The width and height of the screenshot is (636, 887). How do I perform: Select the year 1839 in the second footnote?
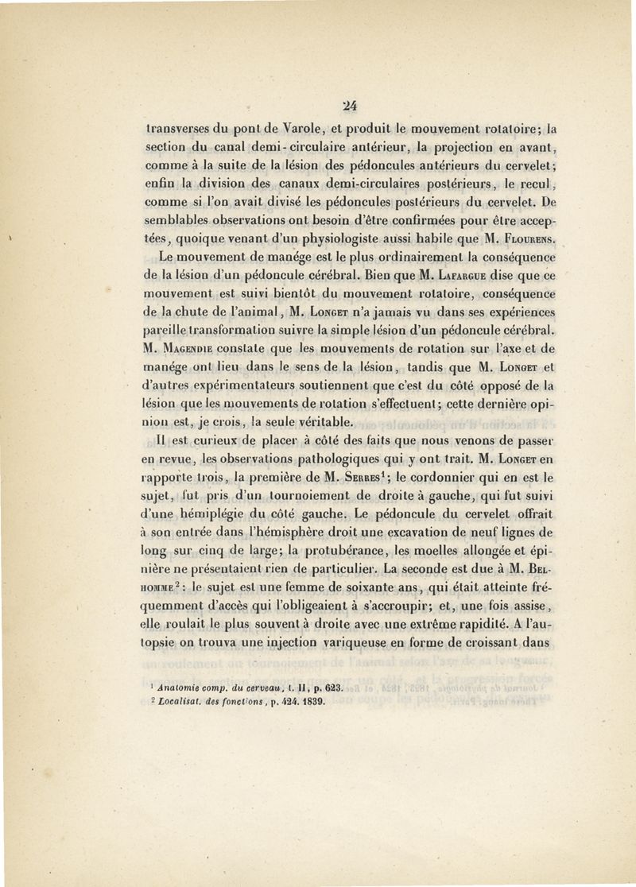[x=313, y=703]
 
